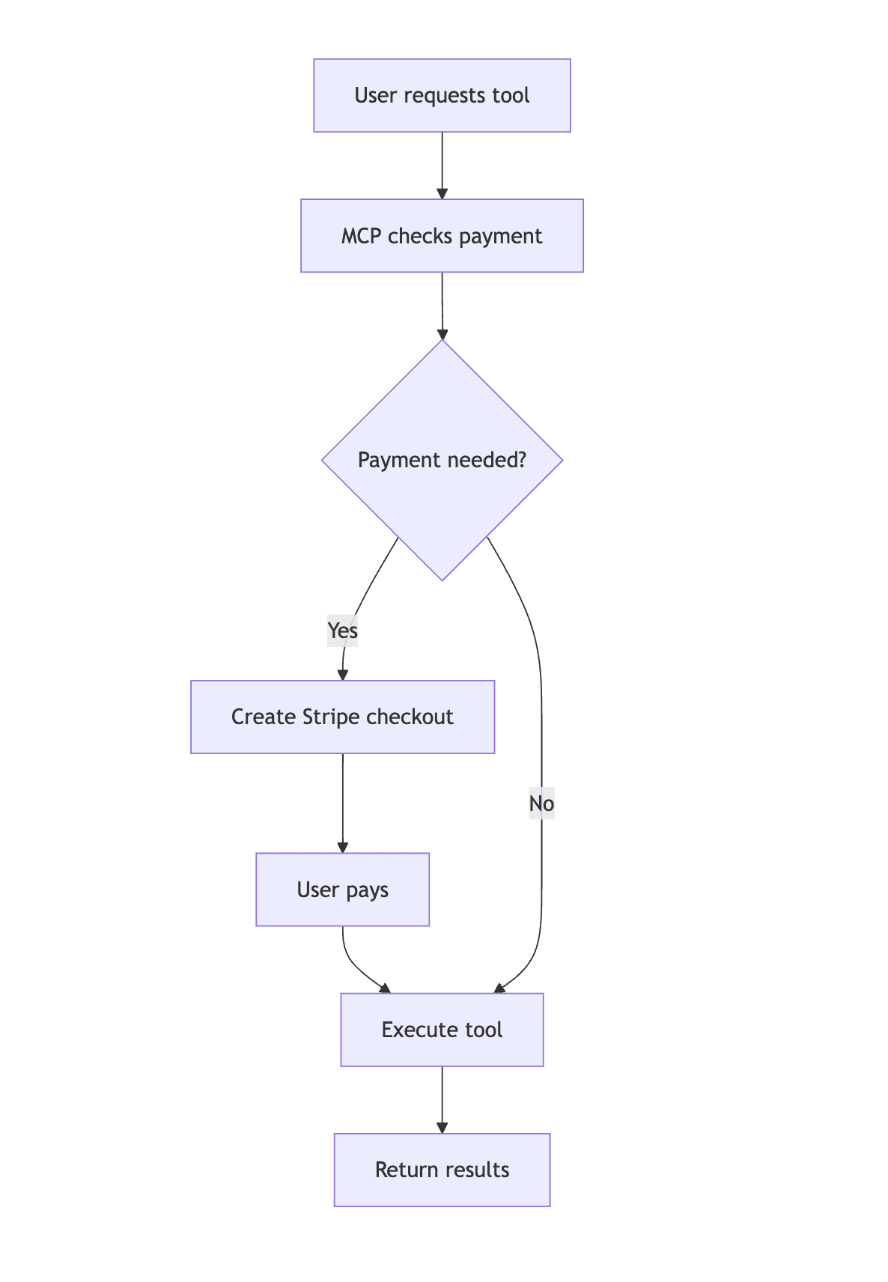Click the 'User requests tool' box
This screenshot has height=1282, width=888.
coord(442,96)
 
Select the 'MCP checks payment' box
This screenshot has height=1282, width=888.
coord(442,236)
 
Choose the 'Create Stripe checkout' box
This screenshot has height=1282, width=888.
coord(342,717)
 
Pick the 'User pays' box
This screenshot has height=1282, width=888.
coord(342,890)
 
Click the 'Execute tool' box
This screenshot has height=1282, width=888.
coord(442,1030)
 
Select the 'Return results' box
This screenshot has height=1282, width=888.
coord(442,1170)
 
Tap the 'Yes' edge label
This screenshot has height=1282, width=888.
coord(342,631)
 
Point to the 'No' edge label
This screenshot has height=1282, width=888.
coord(541,804)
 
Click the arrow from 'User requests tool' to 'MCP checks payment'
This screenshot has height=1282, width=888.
coord(442,165)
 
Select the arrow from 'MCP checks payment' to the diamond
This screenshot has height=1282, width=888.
coord(442,305)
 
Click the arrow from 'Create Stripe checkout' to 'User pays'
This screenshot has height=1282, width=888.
coord(342,803)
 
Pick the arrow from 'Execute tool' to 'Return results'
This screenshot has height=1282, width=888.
coord(442,1099)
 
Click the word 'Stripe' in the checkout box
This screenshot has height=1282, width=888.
coord(331,717)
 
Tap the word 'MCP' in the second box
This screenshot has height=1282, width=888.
coord(361,236)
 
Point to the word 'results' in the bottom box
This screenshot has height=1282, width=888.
coord(475,1170)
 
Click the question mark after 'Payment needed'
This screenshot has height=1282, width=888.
coord(522,460)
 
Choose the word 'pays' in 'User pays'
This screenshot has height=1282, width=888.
coord(367,890)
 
